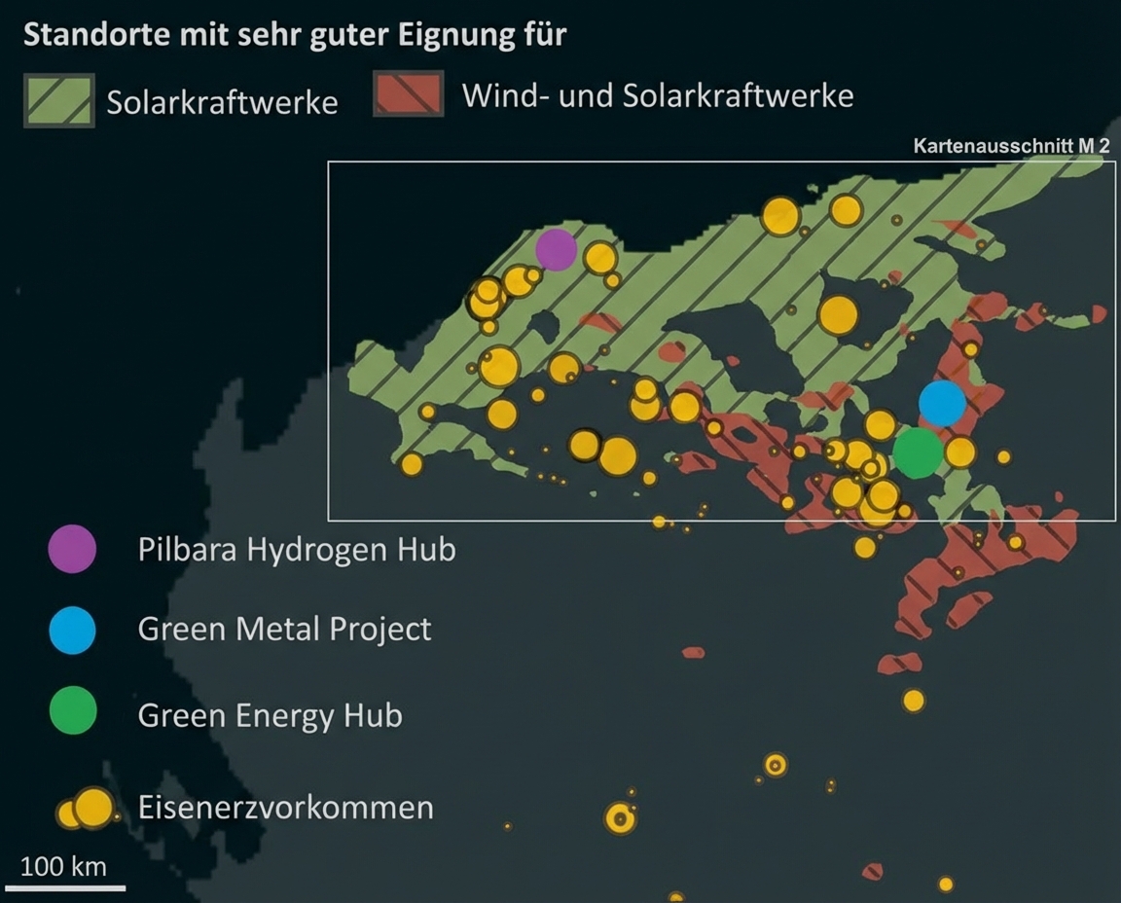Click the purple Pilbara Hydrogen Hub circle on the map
tap(556, 250)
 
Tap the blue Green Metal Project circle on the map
tap(942, 403)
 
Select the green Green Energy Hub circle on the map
tap(917, 452)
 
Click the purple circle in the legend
tap(72, 548)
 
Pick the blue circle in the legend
tap(72, 629)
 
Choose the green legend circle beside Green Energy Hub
tap(72, 710)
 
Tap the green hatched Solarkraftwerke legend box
tap(59, 99)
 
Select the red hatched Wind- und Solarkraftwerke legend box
tap(409, 93)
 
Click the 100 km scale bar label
tap(63, 866)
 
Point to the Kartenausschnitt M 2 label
tap(1011, 146)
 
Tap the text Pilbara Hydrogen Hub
tap(297, 549)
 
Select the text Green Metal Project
tap(284, 629)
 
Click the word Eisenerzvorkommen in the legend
tap(285, 808)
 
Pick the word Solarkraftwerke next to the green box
tap(222, 102)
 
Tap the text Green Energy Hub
tap(270, 715)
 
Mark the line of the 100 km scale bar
tap(65, 887)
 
